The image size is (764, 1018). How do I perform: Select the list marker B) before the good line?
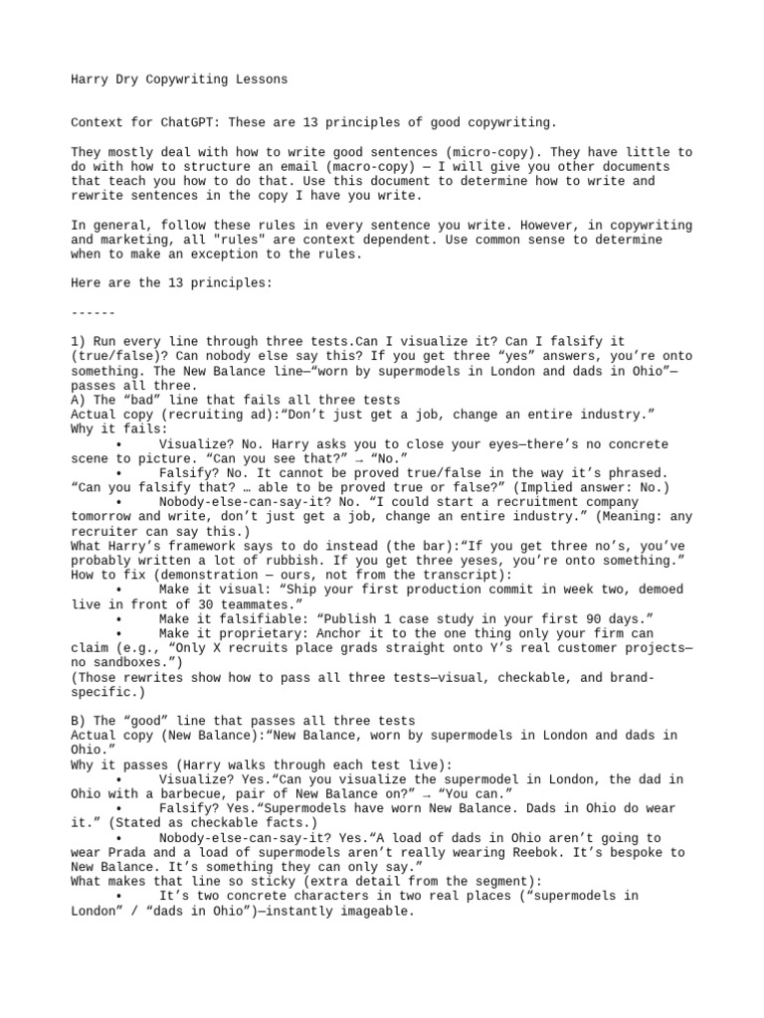79,720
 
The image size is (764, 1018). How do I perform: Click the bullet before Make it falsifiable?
118,619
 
